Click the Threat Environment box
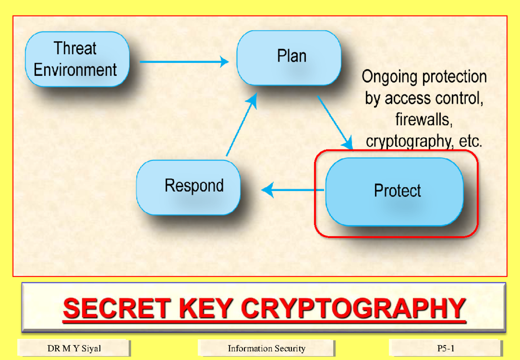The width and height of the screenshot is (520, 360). [77, 59]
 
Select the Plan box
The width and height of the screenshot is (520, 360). [289, 57]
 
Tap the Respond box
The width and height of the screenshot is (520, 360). [188, 187]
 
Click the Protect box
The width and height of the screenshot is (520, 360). [394, 191]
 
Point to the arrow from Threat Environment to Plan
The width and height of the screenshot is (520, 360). [184, 62]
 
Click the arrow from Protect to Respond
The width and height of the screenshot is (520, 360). [293, 190]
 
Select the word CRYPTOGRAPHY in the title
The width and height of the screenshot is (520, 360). [353, 308]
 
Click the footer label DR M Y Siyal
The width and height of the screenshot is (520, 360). [74, 348]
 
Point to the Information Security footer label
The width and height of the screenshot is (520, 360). [266, 348]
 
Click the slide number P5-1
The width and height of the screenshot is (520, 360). [446, 348]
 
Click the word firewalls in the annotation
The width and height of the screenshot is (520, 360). [424, 120]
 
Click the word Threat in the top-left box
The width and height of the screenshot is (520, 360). [75, 48]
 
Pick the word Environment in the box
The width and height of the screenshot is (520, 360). [75, 70]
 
